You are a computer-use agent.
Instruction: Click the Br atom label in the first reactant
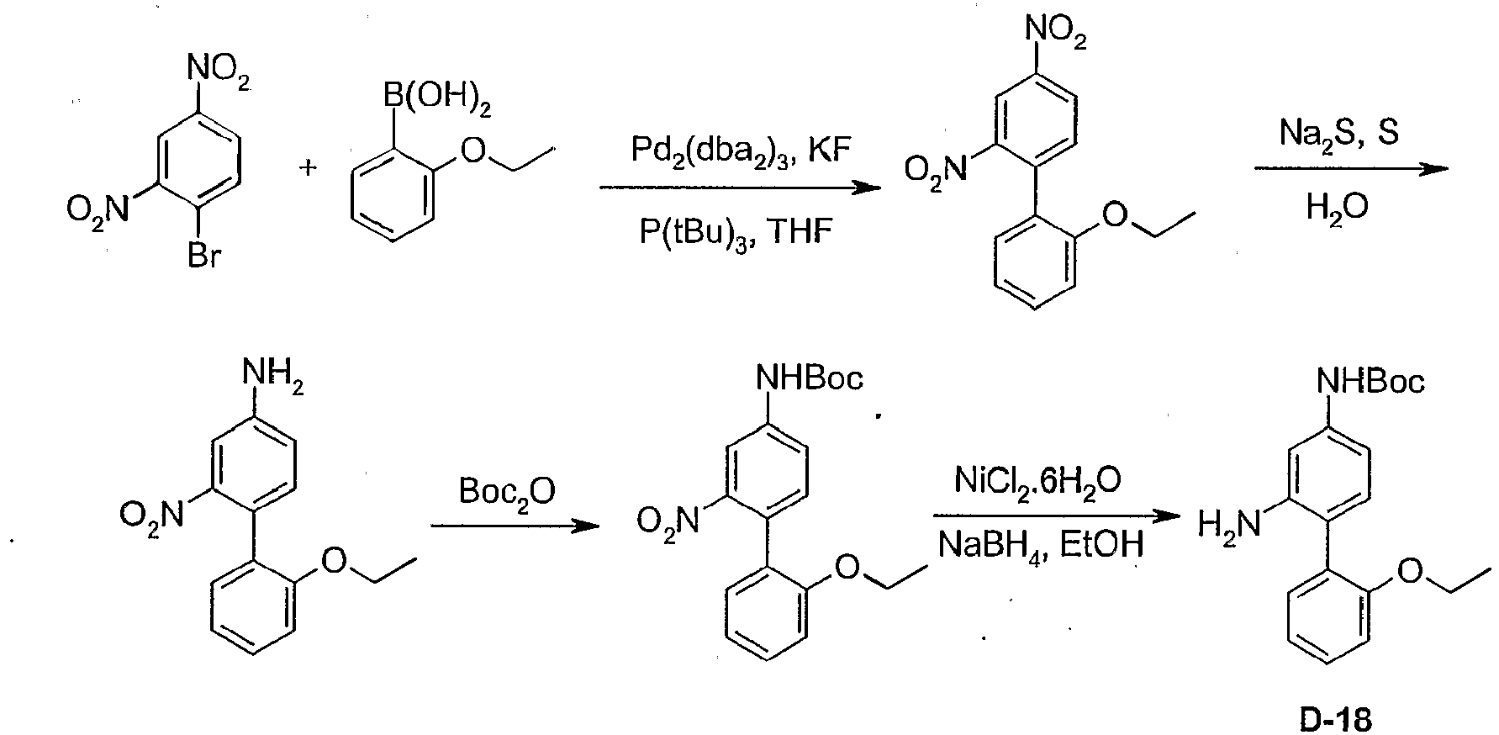pyautogui.click(x=203, y=256)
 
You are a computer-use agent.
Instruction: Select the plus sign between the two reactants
pyautogui.click(x=309, y=169)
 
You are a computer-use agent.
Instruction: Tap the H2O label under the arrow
pyautogui.click(x=1338, y=207)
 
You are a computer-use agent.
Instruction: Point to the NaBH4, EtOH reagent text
pyautogui.click(x=1041, y=545)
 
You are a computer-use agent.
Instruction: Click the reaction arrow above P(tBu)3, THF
pyautogui.click(x=731, y=188)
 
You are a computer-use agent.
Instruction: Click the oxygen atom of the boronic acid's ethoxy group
pyautogui.click(x=477, y=151)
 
